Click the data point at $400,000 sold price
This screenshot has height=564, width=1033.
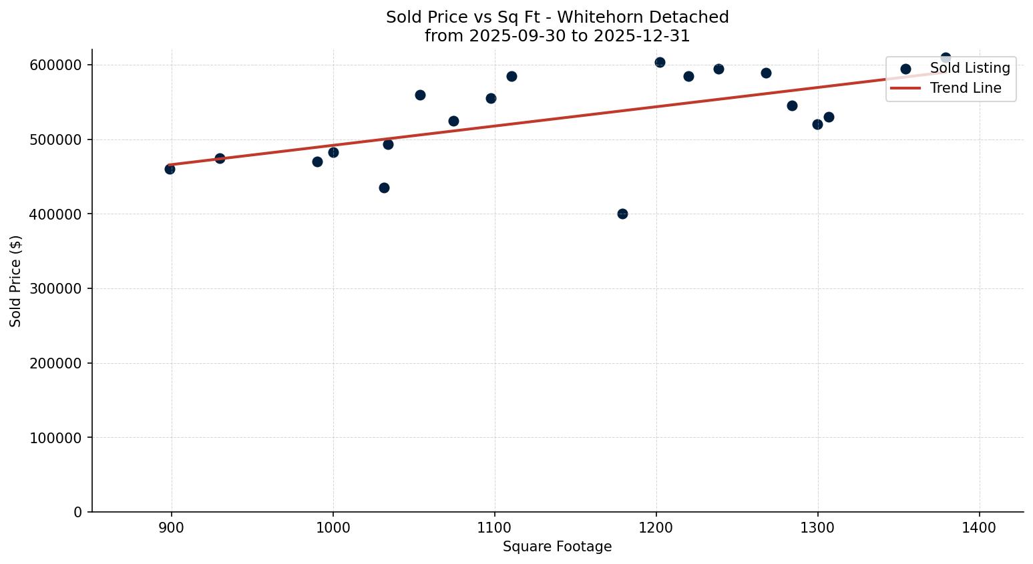click(x=622, y=214)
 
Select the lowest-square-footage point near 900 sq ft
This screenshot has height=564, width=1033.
click(x=170, y=169)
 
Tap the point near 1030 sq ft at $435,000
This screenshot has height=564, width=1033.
click(x=384, y=188)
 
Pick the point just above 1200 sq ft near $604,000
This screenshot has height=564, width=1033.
click(x=660, y=62)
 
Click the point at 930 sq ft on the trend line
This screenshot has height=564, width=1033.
click(x=220, y=158)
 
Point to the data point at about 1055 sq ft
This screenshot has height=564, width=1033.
click(x=420, y=95)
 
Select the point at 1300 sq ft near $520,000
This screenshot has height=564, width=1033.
click(x=817, y=124)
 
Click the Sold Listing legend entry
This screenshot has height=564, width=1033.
click(x=970, y=68)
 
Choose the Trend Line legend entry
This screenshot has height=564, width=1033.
click(x=965, y=88)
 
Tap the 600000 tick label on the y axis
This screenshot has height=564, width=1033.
click(x=56, y=65)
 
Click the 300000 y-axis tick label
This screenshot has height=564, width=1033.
click(x=56, y=289)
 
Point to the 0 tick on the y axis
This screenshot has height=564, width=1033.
click(x=78, y=513)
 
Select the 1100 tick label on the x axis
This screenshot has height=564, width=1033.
click(x=495, y=528)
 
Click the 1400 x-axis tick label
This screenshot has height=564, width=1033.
click(x=980, y=528)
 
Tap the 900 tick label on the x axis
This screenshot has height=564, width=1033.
click(x=172, y=528)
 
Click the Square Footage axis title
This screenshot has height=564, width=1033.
click(x=557, y=547)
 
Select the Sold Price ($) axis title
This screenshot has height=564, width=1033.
click(x=16, y=281)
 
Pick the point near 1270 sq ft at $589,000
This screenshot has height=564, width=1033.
click(x=766, y=73)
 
